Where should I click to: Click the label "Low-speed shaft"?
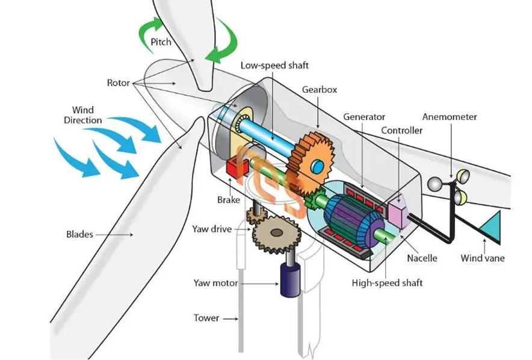(x=274, y=65)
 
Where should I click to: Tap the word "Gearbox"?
(x=319, y=90)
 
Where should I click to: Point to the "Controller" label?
(x=402, y=130)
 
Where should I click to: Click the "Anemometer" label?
(x=450, y=117)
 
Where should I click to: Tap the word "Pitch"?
(x=161, y=42)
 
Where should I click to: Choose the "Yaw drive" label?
(x=212, y=229)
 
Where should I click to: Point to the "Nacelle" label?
(x=421, y=258)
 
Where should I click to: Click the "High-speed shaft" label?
(x=387, y=282)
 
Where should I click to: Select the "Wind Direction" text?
(x=83, y=115)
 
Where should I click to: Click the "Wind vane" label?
(x=483, y=258)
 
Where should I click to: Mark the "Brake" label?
(x=229, y=200)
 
